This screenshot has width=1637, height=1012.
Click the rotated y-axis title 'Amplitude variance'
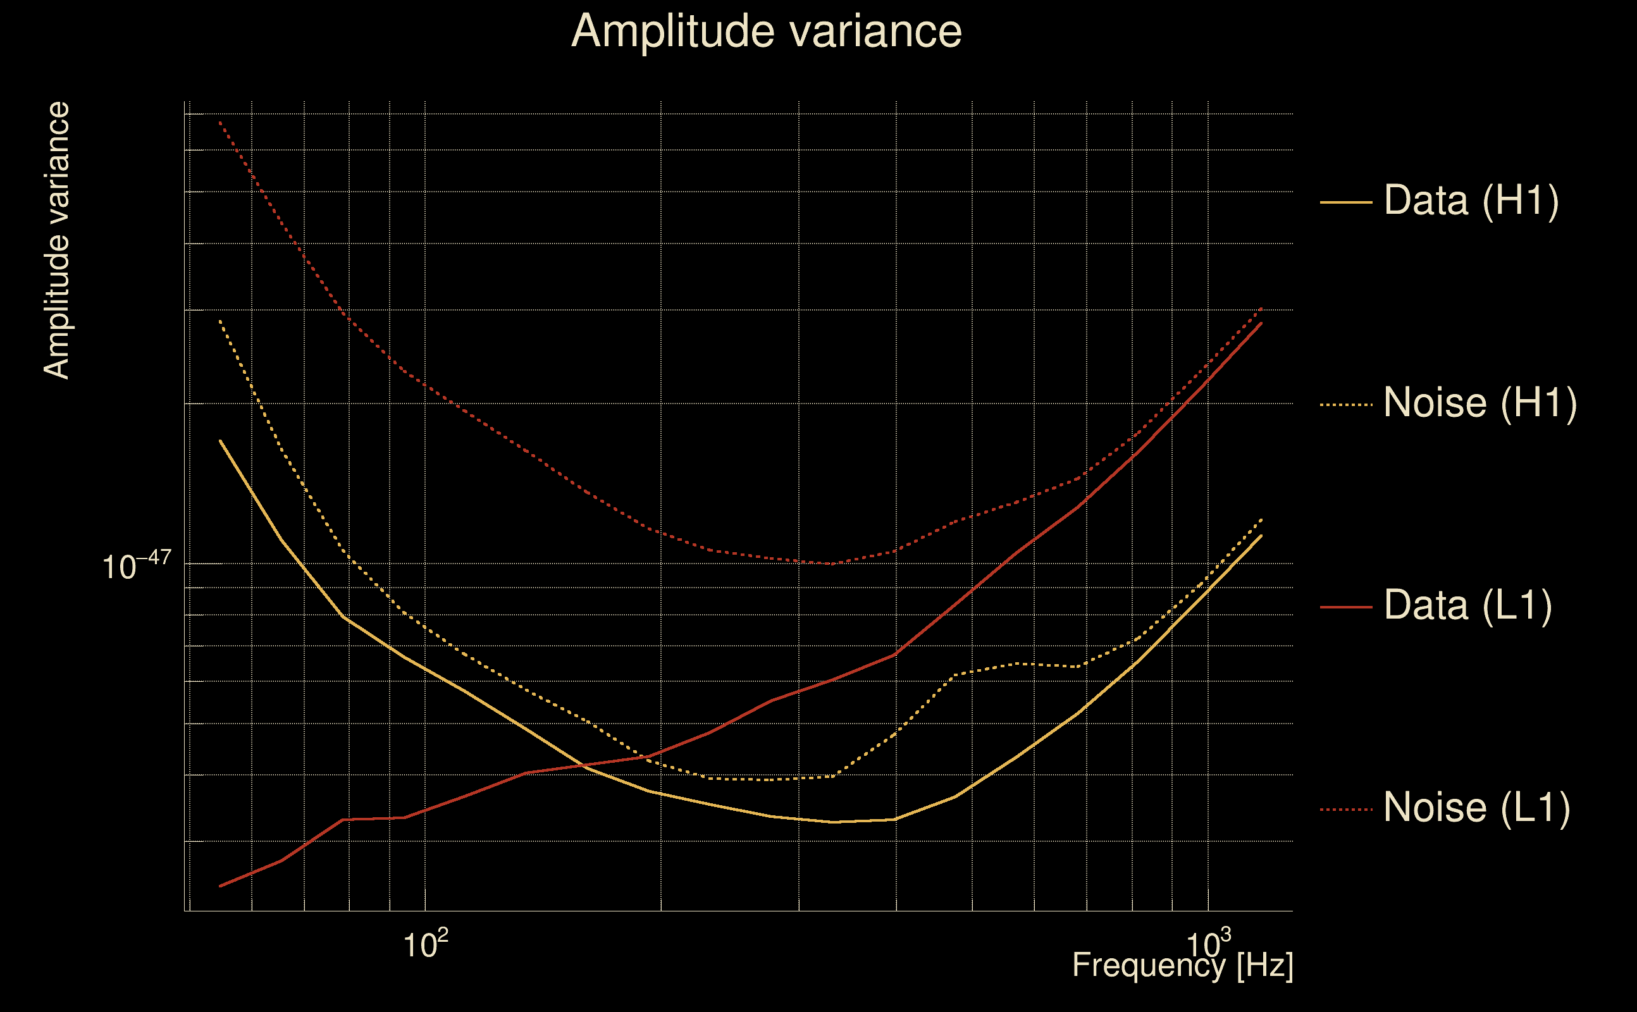pos(56,240)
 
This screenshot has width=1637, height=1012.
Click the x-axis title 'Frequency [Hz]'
pos(1182,965)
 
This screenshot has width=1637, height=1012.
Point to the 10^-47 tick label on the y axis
pos(137,566)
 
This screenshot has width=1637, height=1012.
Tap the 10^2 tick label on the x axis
pos(425,944)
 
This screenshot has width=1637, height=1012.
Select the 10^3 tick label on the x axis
pos(1208,944)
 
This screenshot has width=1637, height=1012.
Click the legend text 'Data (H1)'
pos(1471,200)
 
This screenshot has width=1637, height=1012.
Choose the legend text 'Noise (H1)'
pos(1479,403)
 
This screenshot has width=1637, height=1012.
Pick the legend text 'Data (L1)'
pos(1467,606)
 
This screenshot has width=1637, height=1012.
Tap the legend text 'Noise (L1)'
pos(1476,808)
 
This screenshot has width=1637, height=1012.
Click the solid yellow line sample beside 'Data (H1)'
pos(1346,202)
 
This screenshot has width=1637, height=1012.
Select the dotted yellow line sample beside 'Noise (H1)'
pos(1346,405)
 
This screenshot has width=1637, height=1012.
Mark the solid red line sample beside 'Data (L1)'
pos(1346,607)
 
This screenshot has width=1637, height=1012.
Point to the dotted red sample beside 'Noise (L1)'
pos(1346,810)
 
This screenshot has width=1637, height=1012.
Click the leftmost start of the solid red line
pos(220,886)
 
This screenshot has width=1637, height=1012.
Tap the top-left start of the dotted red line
pos(220,122)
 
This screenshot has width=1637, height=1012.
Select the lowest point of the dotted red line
pos(830,564)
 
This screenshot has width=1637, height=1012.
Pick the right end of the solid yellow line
pos(1261,536)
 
